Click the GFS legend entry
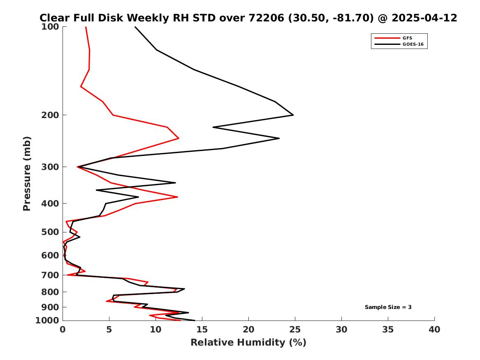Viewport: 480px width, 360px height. pyautogui.click(x=407, y=38)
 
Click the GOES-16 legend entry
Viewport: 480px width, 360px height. pyautogui.click(x=413, y=44)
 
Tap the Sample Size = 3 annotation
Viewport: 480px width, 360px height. pyautogui.click(x=388, y=307)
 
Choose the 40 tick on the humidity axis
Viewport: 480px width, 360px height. pyautogui.click(x=434, y=330)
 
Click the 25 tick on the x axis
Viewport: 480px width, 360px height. pyautogui.click(x=295, y=330)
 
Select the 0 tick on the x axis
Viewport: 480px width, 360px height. pyautogui.click(x=63, y=330)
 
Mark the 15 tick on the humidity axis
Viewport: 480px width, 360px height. pyautogui.click(x=202, y=330)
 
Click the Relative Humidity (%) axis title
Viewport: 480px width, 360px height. pyautogui.click(x=248, y=343)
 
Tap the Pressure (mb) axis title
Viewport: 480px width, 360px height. pyautogui.click(x=27, y=174)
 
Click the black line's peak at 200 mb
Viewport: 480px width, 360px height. pyautogui.click(x=293, y=115)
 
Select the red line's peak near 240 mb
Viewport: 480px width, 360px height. pyautogui.click(x=179, y=138)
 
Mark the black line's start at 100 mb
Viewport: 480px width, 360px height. pyautogui.click(x=135, y=27)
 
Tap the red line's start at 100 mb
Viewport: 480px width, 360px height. pyautogui.click(x=86, y=27)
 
